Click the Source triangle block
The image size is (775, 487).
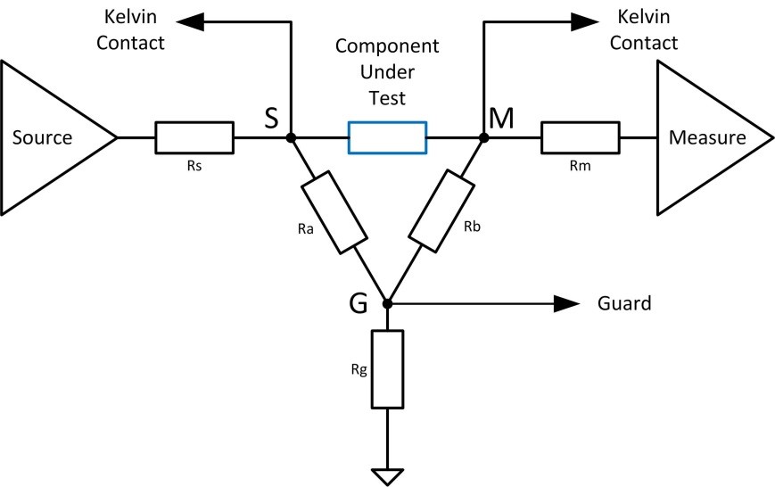(x=49, y=138)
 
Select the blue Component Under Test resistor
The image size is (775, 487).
(x=387, y=138)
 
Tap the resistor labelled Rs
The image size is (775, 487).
(x=194, y=138)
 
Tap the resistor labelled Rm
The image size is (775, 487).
(x=580, y=138)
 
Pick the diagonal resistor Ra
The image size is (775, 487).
(x=334, y=211)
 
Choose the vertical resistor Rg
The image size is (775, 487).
(x=387, y=369)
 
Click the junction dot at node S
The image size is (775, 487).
(x=291, y=138)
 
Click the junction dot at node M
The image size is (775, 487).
(x=483, y=138)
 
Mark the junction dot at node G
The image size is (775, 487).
(x=387, y=303)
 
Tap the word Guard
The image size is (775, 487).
(x=623, y=303)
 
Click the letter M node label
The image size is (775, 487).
(x=502, y=118)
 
